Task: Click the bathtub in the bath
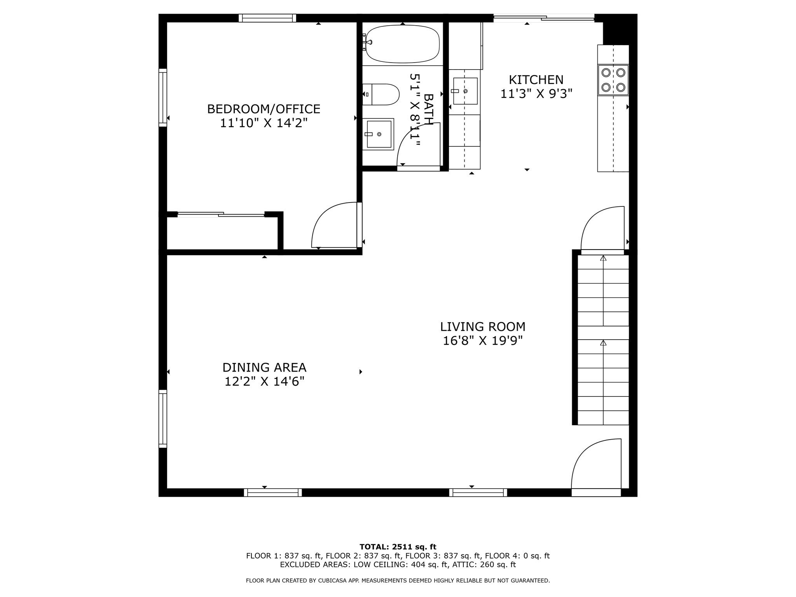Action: coord(403,44)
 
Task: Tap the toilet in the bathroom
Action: coord(381,94)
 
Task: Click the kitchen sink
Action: coord(465,91)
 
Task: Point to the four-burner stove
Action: coord(613,80)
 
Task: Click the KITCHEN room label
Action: coord(536,80)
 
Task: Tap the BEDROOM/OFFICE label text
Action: coord(264,109)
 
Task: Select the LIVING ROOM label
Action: coord(483,326)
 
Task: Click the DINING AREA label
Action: coord(264,367)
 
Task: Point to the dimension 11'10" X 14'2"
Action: coord(264,123)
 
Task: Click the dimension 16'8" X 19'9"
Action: coord(483,341)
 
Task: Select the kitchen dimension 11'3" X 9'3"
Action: coord(536,94)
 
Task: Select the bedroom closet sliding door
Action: coord(221,214)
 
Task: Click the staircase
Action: coord(603,340)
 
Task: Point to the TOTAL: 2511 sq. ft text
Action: coord(398,547)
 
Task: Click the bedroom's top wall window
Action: coord(267,18)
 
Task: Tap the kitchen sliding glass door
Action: coord(544,17)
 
